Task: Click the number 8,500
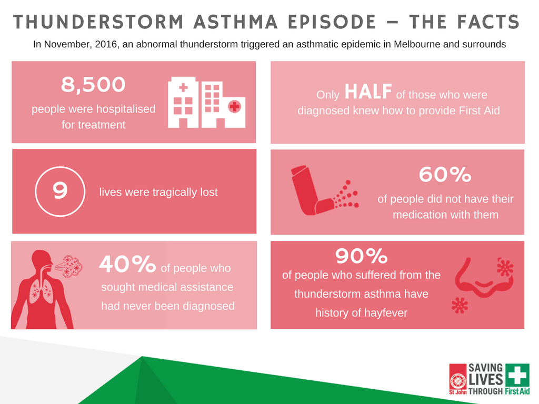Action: coord(93,85)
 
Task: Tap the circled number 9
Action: coord(60,191)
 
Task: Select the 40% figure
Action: coord(127,264)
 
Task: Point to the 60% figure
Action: coord(445,174)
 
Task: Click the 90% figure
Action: coord(361,256)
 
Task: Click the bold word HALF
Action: coord(368,92)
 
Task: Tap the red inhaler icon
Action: coord(312,190)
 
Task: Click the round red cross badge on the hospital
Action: coord(234,106)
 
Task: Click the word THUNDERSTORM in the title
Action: coord(98,22)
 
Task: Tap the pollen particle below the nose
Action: coord(460,305)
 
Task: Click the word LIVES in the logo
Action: coord(486,380)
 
